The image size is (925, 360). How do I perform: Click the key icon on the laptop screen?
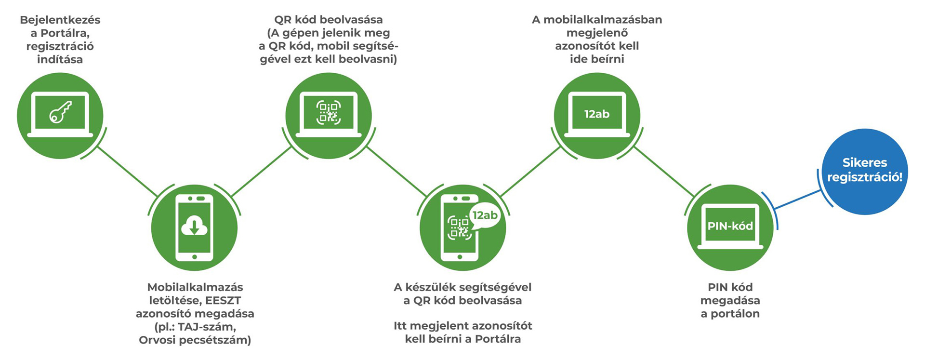[60, 112]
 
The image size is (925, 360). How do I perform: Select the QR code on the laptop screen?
[329, 113]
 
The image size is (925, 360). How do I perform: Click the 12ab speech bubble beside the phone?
[485, 216]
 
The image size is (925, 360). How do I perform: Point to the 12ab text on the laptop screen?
[597, 114]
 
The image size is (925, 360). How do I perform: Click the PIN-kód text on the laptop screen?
[730, 226]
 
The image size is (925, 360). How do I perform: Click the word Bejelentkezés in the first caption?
[60, 20]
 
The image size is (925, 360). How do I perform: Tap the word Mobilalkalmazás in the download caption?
[195, 287]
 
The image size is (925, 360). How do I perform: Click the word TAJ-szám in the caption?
[207, 327]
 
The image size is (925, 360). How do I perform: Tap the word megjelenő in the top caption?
[597, 33]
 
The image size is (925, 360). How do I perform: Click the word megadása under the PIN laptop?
[730, 300]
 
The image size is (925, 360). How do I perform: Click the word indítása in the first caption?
[60, 59]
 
